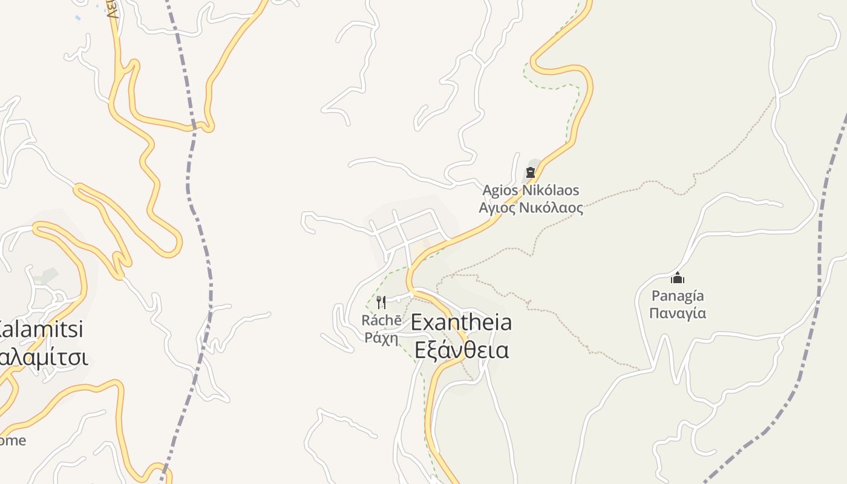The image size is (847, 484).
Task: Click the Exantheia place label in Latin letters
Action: [461, 322]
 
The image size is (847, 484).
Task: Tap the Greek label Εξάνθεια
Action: [462, 350]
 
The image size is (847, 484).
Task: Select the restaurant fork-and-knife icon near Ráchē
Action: [381, 302]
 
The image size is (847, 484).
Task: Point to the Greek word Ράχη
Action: [381, 337]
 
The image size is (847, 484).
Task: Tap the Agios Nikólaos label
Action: [531, 191]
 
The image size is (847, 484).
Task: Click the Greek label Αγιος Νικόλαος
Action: [531, 208]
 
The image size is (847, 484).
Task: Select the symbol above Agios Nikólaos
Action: [531, 172]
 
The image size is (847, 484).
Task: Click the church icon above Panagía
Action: [678, 278]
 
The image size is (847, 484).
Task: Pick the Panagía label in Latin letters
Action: [678, 296]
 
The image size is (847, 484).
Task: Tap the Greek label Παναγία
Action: [678, 313]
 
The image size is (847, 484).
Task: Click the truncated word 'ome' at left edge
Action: [12, 440]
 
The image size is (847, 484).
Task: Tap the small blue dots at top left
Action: [77, 18]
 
